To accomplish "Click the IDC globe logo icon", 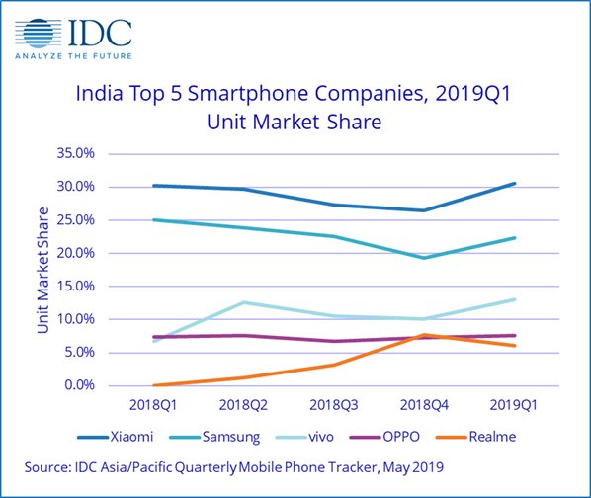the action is click(39, 34).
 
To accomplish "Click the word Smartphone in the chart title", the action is click(248, 94).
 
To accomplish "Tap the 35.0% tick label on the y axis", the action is click(75, 153).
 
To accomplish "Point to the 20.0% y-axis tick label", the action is click(75, 253).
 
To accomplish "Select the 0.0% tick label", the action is click(79, 385).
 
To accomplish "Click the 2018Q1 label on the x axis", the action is click(153, 405).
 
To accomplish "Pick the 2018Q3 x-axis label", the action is click(334, 405).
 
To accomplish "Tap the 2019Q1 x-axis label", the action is click(513, 405).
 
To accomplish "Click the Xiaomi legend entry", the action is click(116, 437).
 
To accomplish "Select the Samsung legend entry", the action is click(214, 437).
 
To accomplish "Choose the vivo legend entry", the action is click(304, 437).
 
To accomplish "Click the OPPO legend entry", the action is click(384, 437).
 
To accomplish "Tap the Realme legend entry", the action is click(475, 437).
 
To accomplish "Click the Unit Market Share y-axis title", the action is click(43, 270).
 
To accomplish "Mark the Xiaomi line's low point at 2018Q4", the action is click(424, 210).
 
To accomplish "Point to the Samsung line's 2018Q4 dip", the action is click(424, 258).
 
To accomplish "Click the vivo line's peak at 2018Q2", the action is click(244, 302).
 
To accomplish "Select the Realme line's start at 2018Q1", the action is click(154, 385).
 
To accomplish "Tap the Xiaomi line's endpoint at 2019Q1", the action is click(515, 184).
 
